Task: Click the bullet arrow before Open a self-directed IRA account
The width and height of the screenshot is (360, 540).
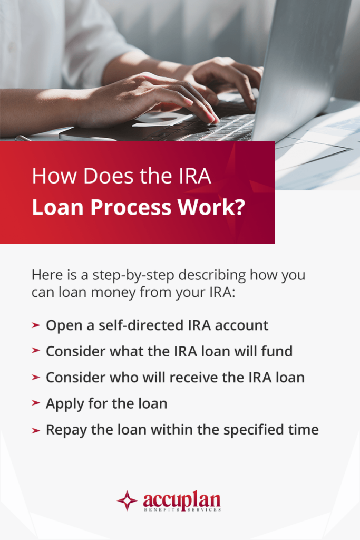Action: pos(36,325)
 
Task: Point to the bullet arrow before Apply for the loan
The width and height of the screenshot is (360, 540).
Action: pos(36,404)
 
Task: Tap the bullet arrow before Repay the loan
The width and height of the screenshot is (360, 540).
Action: pos(36,430)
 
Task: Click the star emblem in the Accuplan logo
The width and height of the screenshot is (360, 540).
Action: pos(127,500)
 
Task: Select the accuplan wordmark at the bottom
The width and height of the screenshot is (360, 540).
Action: pos(181,498)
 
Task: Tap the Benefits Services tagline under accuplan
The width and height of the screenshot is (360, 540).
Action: pos(181,510)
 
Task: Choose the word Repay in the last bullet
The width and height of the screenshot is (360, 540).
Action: pos(64,430)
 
